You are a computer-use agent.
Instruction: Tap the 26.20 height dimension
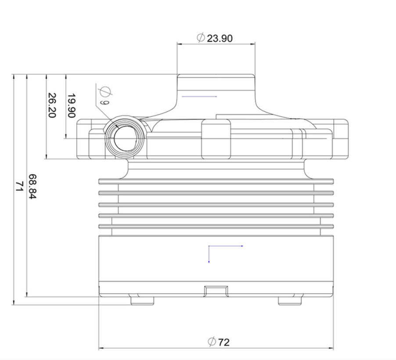[52, 105]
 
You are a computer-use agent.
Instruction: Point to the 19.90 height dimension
[72, 106]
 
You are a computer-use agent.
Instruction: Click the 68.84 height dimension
[32, 187]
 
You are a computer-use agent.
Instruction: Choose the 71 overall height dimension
[19, 187]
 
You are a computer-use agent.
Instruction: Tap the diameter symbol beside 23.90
[201, 38]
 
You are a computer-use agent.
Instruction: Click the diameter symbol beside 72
[212, 342]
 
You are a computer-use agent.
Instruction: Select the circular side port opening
[125, 138]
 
